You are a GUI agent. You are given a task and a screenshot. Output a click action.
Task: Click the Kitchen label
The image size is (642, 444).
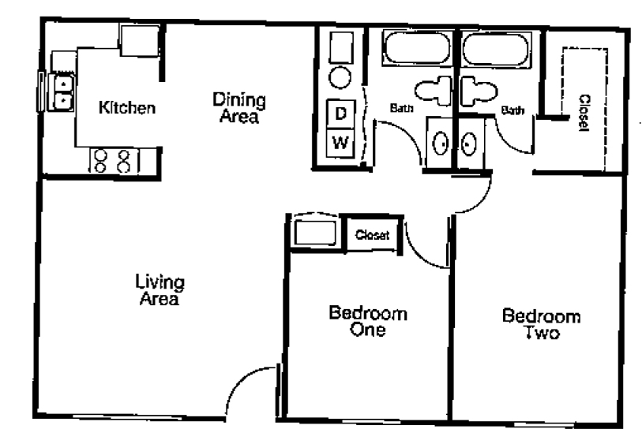(127, 107)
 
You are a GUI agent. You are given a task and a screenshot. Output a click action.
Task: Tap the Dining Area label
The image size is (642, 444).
(239, 108)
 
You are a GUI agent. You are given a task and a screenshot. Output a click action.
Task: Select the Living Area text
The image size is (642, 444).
(160, 290)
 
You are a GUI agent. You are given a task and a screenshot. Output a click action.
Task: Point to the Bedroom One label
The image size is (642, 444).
(368, 321)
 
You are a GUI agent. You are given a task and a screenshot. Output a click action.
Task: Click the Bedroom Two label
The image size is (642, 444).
(541, 324)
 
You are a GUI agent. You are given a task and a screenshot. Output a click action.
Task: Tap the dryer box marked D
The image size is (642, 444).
(340, 114)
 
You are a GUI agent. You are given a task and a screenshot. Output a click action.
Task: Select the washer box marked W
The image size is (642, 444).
(340, 143)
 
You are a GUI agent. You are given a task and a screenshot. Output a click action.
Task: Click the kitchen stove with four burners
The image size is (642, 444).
(115, 161)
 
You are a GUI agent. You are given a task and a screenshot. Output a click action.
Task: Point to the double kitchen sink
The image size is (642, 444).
(61, 92)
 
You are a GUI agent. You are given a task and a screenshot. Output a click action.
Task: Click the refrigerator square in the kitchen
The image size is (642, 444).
(139, 39)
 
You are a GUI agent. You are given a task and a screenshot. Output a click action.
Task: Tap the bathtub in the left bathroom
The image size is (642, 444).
(417, 47)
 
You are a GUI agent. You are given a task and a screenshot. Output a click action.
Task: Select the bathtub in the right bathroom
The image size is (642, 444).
(495, 49)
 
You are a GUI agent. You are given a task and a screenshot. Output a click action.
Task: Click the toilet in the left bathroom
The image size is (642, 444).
(434, 91)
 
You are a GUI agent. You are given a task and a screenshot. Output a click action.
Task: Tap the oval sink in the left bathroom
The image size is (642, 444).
(441, 143)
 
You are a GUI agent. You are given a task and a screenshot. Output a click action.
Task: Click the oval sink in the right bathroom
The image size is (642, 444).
(468, 144)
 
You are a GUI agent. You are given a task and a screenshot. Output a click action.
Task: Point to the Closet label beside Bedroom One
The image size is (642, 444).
(372, 235)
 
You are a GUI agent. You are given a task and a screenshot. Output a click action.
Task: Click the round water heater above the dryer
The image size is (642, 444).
(340, 77)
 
